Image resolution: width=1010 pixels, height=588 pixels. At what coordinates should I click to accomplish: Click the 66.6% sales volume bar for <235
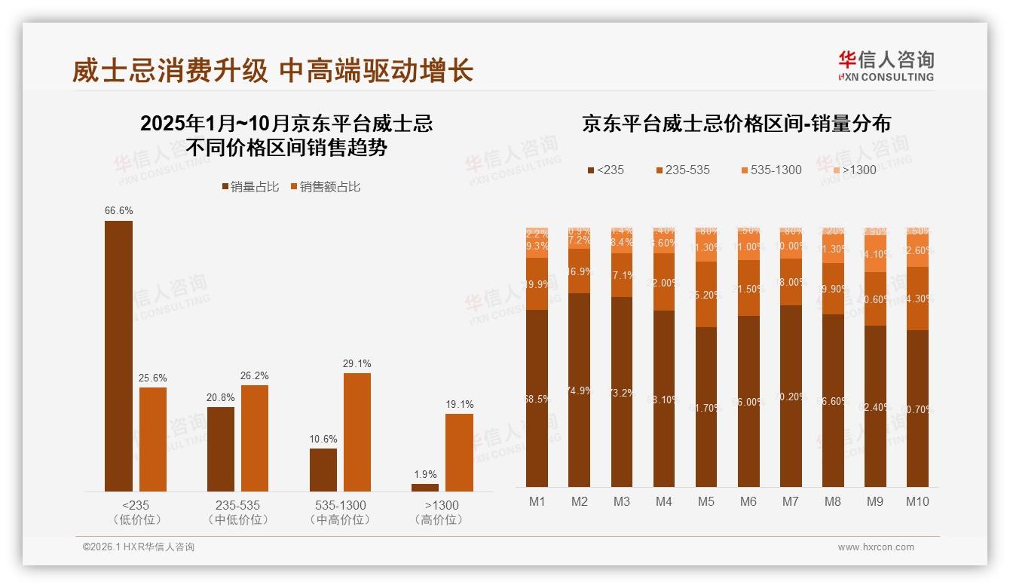(118, 356)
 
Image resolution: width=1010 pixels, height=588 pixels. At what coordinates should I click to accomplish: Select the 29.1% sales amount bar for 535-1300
(357, 432)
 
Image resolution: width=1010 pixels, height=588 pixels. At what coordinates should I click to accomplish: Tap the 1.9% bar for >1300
(425, 488)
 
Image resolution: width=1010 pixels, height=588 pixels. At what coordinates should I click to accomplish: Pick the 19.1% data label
(460, 404)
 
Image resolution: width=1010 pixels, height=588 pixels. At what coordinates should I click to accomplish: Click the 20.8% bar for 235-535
(221, 449)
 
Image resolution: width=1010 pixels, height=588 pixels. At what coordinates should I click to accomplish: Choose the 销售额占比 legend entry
(325, 187)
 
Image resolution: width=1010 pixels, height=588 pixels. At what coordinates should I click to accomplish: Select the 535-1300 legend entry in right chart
(771, 170)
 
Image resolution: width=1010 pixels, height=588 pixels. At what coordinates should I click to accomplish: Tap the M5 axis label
(706, 501)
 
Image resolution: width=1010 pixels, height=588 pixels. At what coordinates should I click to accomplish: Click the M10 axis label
(917, 501)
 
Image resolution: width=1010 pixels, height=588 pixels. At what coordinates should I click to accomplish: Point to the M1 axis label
(537, 501)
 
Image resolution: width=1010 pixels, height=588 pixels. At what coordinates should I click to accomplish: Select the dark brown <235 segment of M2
(580, 390)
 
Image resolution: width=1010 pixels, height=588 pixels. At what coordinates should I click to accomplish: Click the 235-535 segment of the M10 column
(917, 299)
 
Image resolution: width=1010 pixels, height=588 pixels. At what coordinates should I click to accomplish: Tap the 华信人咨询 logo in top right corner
(886, 66)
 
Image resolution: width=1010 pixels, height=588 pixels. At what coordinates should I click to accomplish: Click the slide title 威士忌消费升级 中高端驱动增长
(272, 71)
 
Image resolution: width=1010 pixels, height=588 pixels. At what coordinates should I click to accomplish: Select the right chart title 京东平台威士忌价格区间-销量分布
(736, 124)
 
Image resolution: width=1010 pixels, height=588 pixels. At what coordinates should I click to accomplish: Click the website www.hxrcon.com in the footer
(875, 547)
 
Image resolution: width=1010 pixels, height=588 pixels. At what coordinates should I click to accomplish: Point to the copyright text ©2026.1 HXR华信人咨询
(139, 547)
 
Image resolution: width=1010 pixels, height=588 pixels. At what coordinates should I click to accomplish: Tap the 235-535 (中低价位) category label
(237, 512)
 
